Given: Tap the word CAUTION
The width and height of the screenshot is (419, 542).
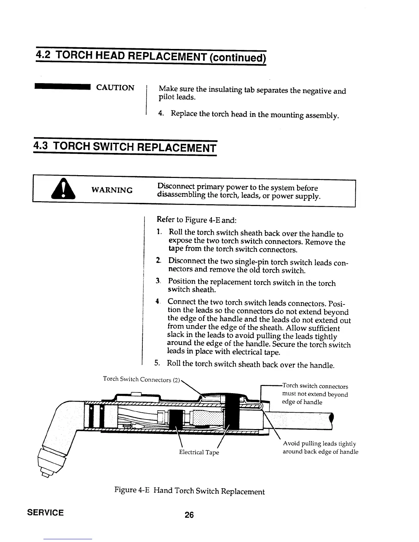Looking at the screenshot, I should tap(115, 88).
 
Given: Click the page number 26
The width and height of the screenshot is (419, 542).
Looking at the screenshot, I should tap(189, 515).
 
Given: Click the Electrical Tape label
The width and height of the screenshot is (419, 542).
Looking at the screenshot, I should tap(199, 452).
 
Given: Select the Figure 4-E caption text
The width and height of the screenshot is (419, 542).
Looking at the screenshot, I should tap(189, 491).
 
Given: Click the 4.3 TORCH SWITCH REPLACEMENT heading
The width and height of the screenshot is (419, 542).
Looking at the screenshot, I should tap(125, 148).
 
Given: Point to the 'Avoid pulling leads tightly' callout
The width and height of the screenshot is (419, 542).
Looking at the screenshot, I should tap(319, 443).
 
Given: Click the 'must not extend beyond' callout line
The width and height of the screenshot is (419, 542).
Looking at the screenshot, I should tap(315, 394).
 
